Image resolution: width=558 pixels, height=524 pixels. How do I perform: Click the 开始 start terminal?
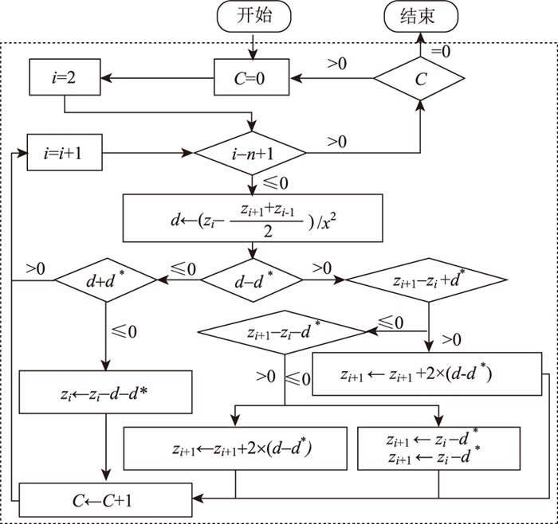(x=253, y=15)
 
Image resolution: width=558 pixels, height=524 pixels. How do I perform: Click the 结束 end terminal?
(x=421, y=15)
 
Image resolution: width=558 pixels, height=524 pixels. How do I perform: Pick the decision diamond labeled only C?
(x=421, y=78)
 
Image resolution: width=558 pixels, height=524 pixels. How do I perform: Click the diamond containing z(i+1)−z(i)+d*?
(x=427, y=280)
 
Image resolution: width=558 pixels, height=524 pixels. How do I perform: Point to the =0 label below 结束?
(x=441, y=50)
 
